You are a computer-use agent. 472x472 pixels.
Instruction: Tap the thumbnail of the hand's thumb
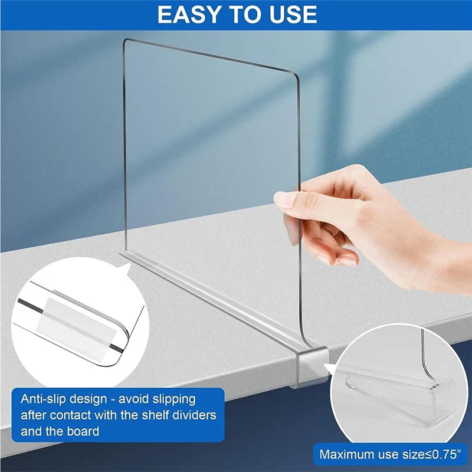pyautogui.click(x=284, y=201)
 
